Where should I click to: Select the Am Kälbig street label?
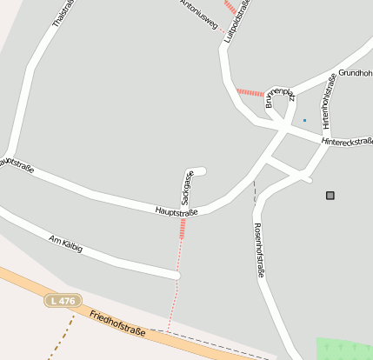tap(66, 243)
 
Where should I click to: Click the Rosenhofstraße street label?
tap(258, 250)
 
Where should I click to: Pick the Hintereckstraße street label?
tap(346, 141)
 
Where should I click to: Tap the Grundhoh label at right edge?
tap(355, 74)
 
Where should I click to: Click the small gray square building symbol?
tap(330, 196)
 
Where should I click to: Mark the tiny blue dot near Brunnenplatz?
tap(304, 120)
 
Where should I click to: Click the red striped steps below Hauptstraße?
tap(182, 228)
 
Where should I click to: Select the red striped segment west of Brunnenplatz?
tap(250, 92)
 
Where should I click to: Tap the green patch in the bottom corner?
tap(344, 348)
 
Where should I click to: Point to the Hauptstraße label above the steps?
tap(177, 211)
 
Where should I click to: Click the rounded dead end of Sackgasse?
tap(201, 170)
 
